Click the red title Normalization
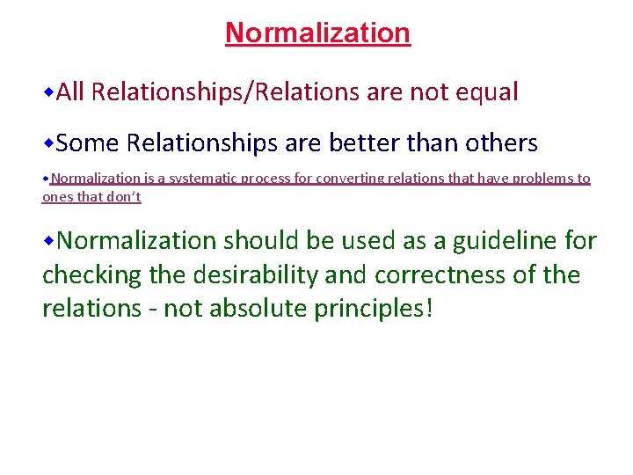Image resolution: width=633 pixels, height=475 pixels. click(x=317, y=33)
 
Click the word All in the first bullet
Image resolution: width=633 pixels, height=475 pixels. click(x=70, y=92)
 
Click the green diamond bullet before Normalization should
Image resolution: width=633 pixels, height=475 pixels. click(x=49, y=240)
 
